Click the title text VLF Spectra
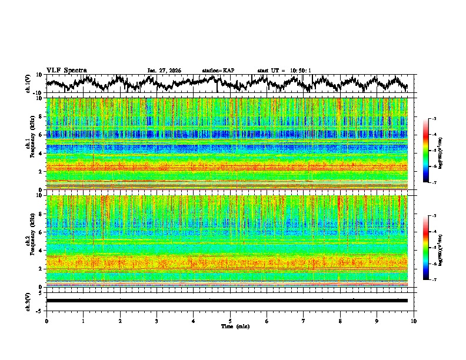(x=66, y=71)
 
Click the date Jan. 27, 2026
(x=164, y=71)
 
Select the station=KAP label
(x=218, y=71)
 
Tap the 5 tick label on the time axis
(x=230, y=321)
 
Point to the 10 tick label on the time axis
(x=414, y=321)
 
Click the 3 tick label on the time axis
(x=157, y=321)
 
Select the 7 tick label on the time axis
(x=304, y=321)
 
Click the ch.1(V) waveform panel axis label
(x=28, y=84)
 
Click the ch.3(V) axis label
(x=28, y=301)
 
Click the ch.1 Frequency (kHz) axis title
(x=30, y=144)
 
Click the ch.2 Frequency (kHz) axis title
(x=30, y=241)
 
